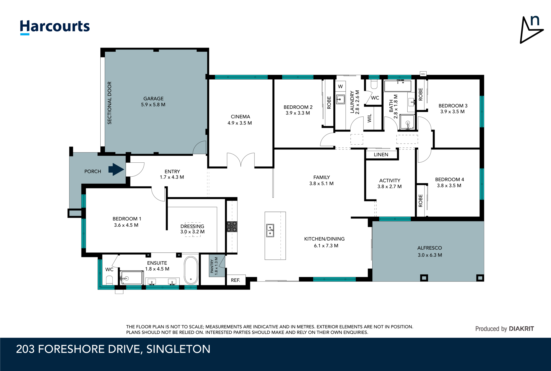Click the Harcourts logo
[x=55, y=27]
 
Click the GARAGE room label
[x=153, y=99]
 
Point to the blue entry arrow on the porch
[x=116, y=169]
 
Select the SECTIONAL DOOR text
[x=110, y=103]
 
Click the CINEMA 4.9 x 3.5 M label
[x=240, y=120]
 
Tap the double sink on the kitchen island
[x=270, y=231]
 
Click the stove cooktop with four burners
[x=232, y=226]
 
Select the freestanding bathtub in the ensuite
[x=191, y=270]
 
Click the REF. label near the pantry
[x=235, y=280]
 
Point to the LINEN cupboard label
[x=381, y=155]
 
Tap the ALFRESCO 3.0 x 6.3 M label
[x=430, y=251]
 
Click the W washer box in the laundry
[x=340, y=87]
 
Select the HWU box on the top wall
[x=423, y=74]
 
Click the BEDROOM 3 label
[x=453, y=106]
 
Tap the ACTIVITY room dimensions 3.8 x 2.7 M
[x=389, y=187]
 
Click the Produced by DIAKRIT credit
[x=504, y=329]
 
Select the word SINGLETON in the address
[x=178, y=349]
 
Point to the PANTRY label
[x=212, y=266]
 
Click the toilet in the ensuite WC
[x=109, y=280]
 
